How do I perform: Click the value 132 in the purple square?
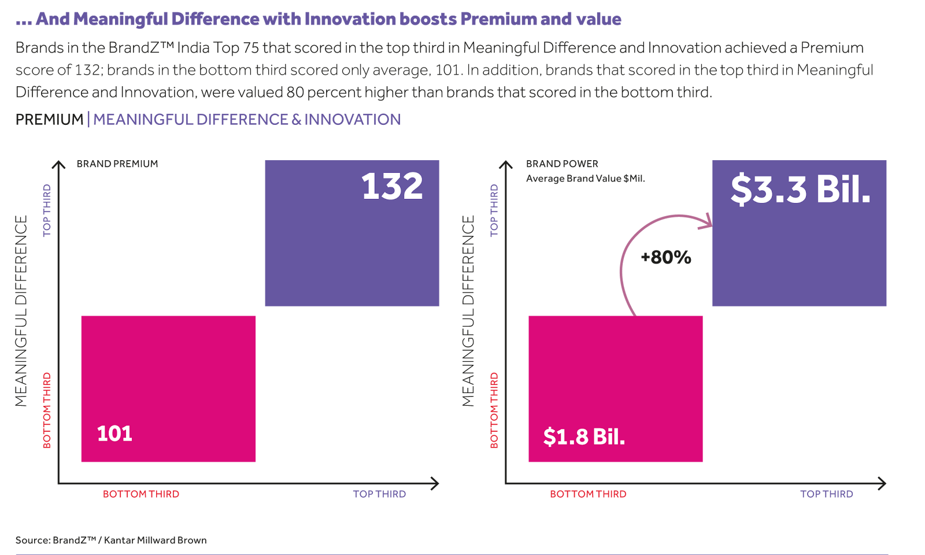tap(392, 187)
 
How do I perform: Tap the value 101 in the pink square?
tap(114, 434)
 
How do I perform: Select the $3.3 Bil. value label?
tap(800, 189)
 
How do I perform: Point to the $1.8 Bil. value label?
tap(584, 436)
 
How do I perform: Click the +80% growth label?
tap(666, 257)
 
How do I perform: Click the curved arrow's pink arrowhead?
tap(706, 221)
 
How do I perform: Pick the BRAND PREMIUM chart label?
tap(117, 164)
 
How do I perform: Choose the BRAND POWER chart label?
tap(562, 164)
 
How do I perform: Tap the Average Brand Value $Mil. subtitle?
tap(585, 179)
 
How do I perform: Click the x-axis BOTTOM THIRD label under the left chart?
tap(141, 494)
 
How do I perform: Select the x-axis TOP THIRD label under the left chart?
tap(379, 494)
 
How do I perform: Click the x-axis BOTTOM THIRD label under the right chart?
tap(588, 494)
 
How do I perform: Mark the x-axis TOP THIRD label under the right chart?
tap(826, 494)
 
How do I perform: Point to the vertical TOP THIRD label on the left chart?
tap(47, 210)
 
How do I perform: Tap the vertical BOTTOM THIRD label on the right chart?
tap(494, 410)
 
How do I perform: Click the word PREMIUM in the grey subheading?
tap(49, 120)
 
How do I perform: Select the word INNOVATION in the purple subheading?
tap(352, 120)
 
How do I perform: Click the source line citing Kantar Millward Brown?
tap(110, 541)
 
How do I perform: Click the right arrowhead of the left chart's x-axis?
tap(435, 483)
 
